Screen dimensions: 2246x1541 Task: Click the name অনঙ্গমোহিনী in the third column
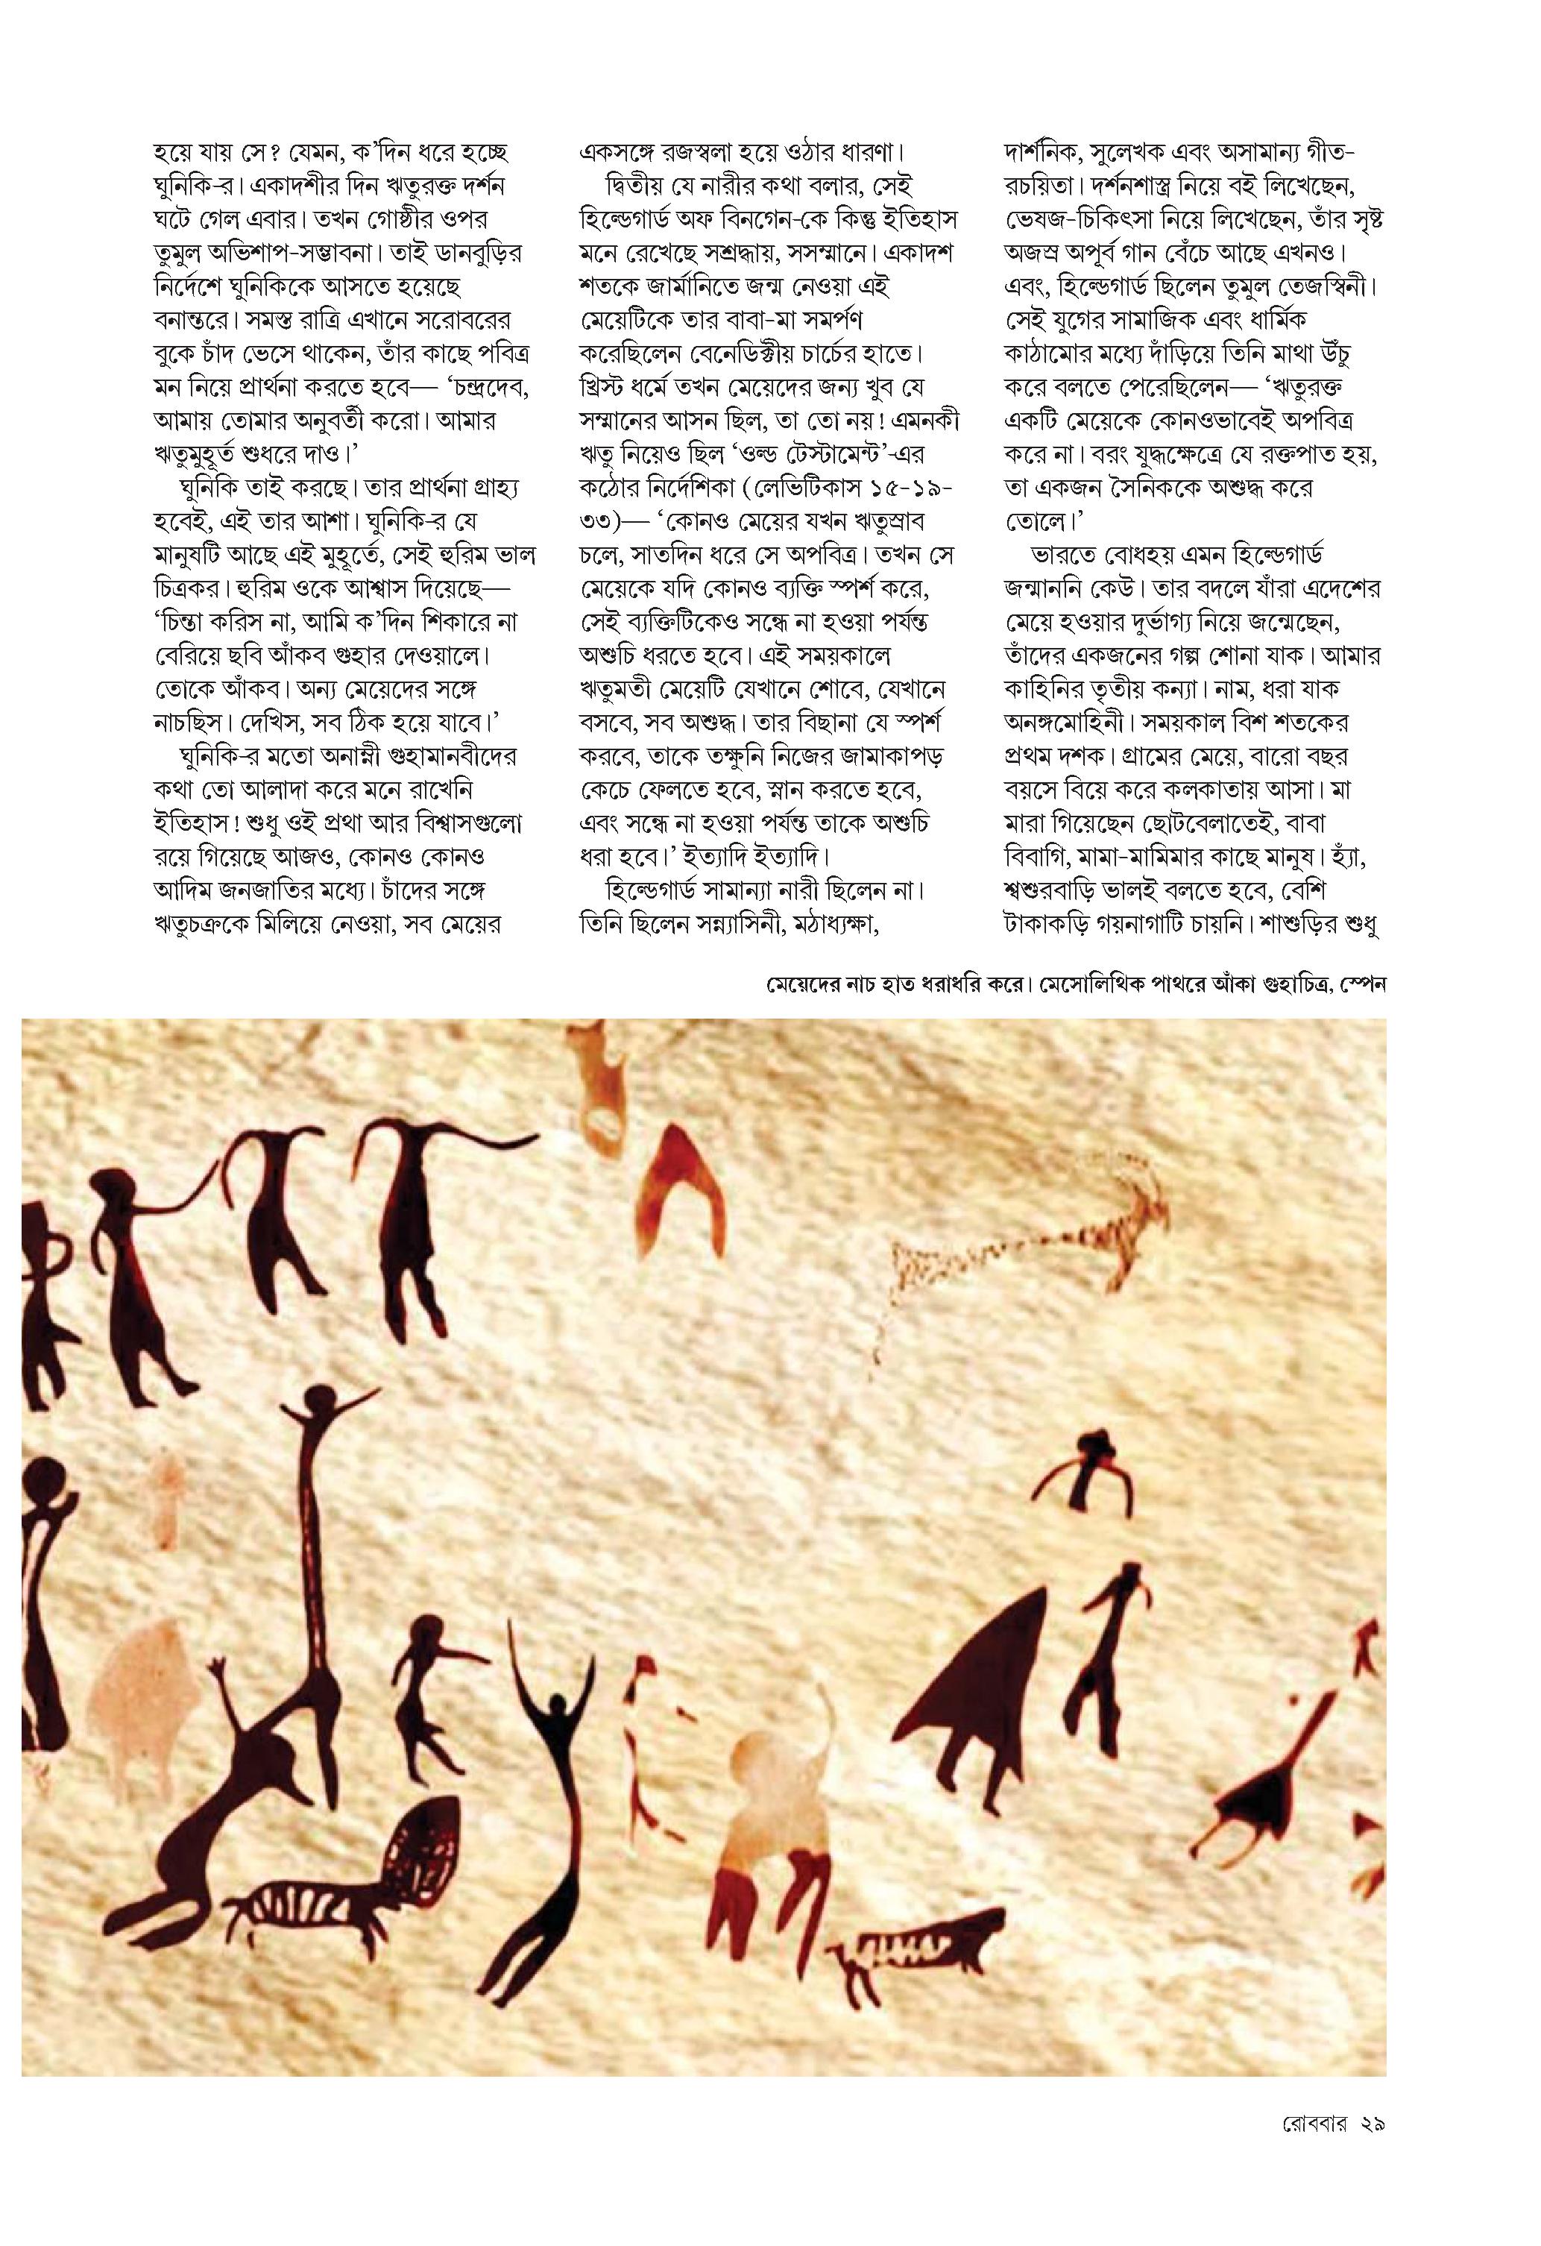coord(1071,723)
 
